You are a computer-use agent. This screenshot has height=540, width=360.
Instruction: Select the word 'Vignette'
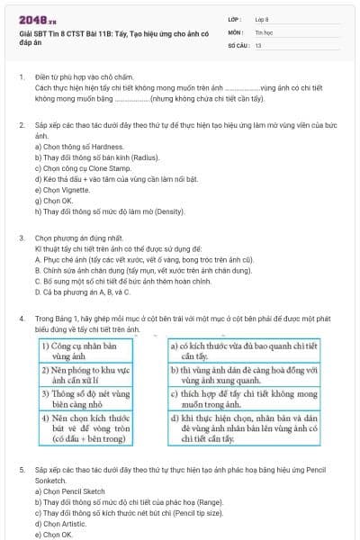74,190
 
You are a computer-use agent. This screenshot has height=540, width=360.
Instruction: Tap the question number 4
21,319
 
